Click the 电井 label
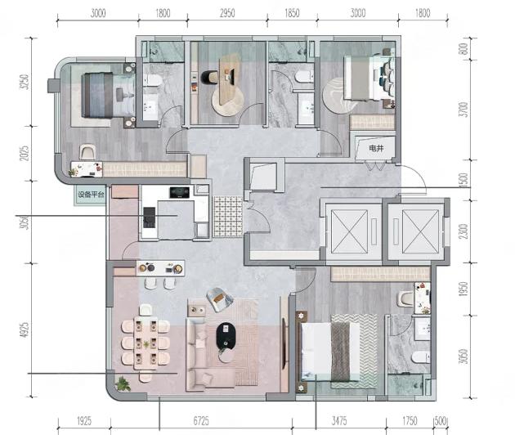tap(376, 148)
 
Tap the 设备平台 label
tap(91, 195)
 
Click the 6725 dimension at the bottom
tap(201, 420)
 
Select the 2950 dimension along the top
tap(227, 13)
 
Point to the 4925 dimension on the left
tap(25, 330)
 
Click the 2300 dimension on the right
tap(463, 231)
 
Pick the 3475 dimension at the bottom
tap(339, 420)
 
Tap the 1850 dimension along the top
tap(292, 13)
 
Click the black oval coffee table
tap(226, 336)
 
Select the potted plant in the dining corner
tap(123, 383)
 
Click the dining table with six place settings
tap(146, 343)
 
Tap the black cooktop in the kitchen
tap(179, 192)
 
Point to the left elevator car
tap(349, 231)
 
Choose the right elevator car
tap(420, 231)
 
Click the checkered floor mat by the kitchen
tap(228, 217)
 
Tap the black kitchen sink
tap(149, 217)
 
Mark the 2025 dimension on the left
tap(25, 153)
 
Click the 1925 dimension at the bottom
tap(84, 420)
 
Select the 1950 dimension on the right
tap(463, 289)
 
